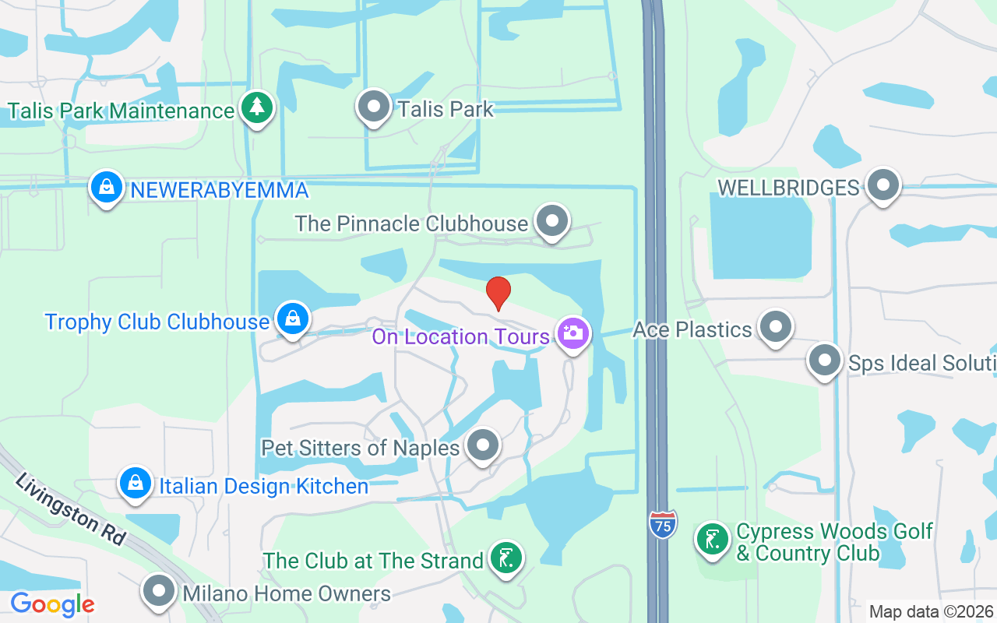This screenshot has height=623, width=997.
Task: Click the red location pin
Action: point(498,293)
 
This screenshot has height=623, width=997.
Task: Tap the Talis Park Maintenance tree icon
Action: point(256,108)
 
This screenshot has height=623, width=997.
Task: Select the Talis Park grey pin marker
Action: point(374,106)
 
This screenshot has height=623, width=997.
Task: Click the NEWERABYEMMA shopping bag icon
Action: point(107,187)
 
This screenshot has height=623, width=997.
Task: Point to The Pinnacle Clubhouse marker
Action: point(552,221)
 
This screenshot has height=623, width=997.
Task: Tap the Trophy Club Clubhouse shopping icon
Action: point(292,319)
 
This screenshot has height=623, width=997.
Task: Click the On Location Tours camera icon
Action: point(573,334)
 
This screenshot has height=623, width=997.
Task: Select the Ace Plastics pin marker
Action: point(775,327)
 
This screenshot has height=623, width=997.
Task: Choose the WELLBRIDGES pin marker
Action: point(883,185)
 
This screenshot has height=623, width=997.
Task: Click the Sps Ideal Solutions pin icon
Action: point(825,361)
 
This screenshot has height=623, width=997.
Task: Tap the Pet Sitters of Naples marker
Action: point(483,446)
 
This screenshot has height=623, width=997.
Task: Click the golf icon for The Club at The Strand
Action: point(506,558)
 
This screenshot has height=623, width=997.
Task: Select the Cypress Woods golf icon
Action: point(712,540)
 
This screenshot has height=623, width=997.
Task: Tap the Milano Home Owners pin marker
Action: point(160,591)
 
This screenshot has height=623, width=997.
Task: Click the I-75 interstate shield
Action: point(661,524)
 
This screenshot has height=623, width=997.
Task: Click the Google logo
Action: point(52,604)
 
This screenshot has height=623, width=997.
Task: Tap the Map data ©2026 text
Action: point(931,612)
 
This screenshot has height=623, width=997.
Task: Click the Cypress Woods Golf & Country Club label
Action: point(834,543)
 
